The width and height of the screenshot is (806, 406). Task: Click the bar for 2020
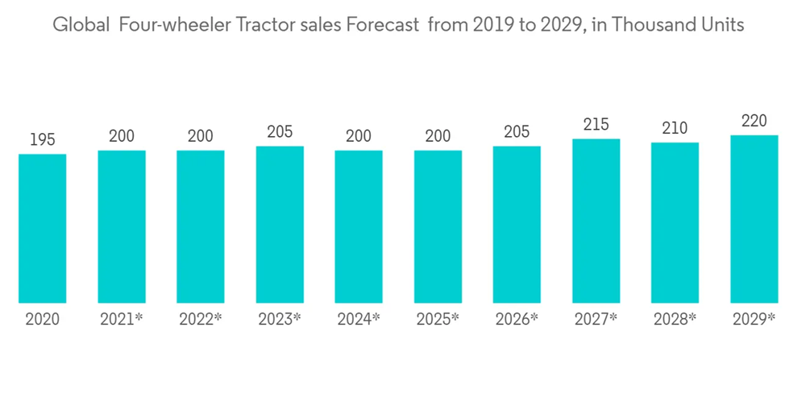[42, 229]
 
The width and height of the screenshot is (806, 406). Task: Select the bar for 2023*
[280, 225]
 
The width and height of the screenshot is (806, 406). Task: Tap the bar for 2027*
[596, 222]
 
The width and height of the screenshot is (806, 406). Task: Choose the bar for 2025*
[438, 227]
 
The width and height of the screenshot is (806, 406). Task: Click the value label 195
[42, 139]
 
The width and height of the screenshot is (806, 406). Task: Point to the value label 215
[596, 124]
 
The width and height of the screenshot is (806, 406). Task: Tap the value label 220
[754, 121]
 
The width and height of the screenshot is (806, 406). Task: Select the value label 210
[675, 128]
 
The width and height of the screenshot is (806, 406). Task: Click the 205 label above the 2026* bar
[517, 131]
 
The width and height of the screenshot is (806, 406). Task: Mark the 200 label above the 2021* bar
[122, 136]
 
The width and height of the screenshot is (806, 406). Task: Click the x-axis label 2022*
[201, 319]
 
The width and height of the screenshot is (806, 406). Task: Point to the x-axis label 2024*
[359, 319]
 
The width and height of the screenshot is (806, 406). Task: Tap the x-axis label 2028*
[675, 319]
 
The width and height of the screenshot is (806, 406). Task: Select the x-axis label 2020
[42, 319]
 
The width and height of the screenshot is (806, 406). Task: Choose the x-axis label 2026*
[517, 319]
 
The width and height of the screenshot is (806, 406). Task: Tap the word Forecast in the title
[381, 25]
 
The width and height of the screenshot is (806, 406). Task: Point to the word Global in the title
[80, 25]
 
